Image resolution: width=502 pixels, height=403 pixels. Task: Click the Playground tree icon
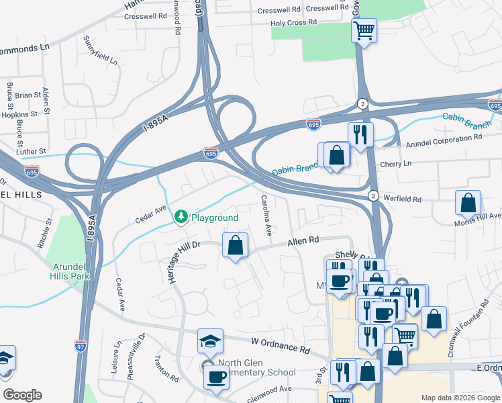tap(180, 217)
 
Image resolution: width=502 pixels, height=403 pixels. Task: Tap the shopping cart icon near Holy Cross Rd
tap(364, 30)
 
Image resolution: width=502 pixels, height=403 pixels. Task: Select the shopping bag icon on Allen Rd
tap(235, 245)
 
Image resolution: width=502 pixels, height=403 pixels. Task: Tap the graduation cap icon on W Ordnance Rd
tap(210, 341)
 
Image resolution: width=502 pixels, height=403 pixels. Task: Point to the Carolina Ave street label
tap(266, 216)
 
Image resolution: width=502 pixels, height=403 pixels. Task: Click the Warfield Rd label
tap(402, 199)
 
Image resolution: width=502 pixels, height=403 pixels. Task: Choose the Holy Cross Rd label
tap(293, 23)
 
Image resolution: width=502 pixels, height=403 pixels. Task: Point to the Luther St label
tap(32, 152)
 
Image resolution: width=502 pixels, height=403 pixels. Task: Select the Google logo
tap(22, 395)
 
